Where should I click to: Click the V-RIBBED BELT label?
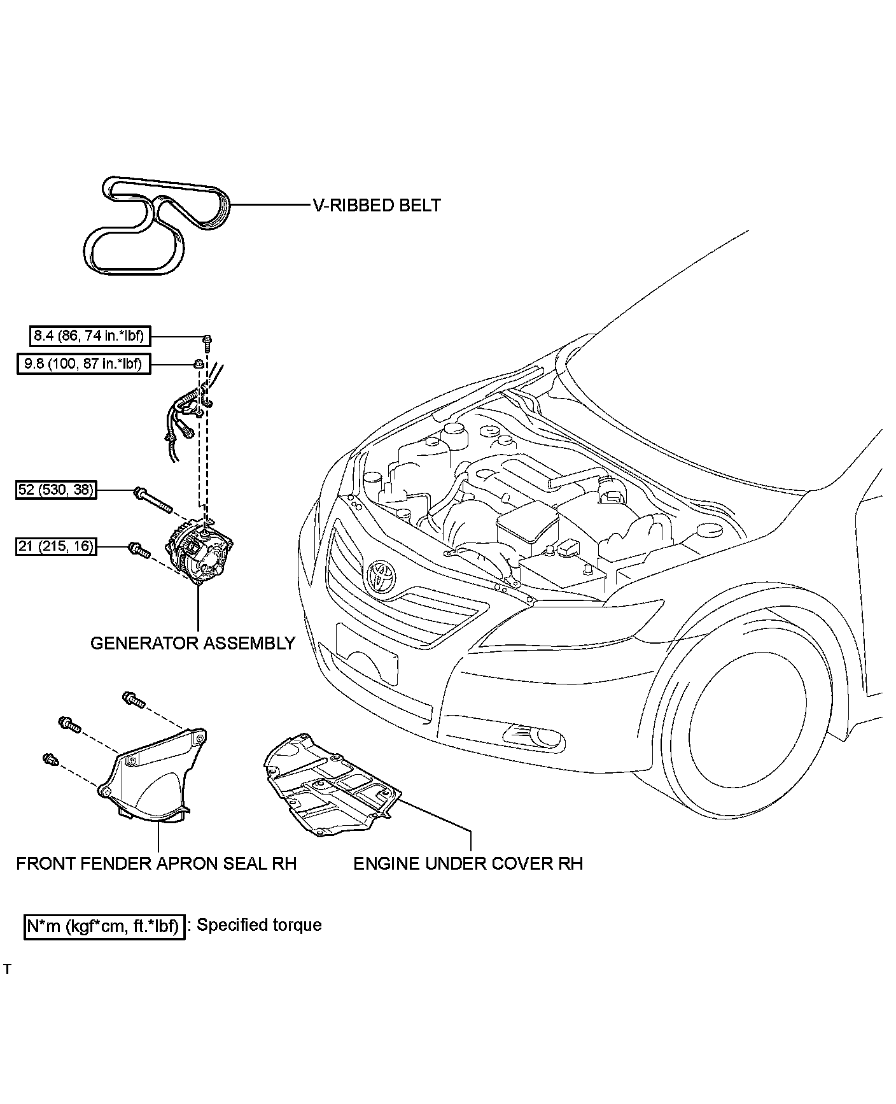[376, 205]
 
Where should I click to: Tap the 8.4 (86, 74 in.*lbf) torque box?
[89, 336]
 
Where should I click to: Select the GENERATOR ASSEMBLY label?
[193, 643]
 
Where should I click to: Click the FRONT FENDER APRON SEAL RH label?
[157, 863]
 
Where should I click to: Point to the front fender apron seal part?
[153, 777]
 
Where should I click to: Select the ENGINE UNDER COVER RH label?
[468, 863]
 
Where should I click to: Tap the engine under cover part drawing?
[331, 786]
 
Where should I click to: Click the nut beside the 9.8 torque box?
[199, 364]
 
